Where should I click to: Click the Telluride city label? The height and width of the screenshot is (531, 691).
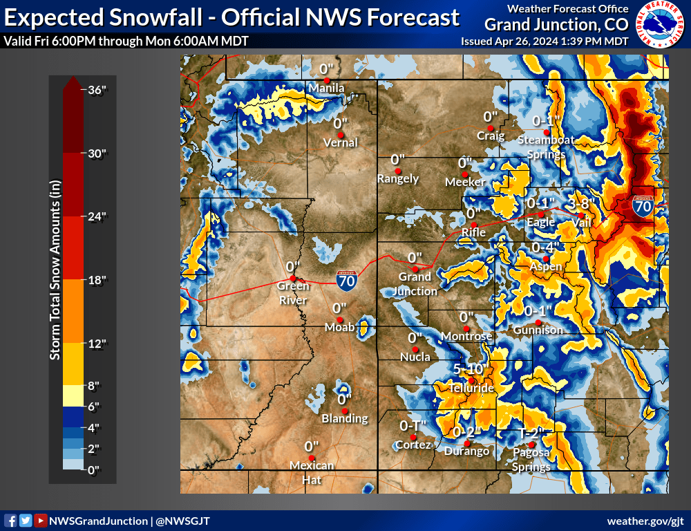[473, 389]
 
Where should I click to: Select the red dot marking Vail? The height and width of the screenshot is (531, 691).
[581, 214]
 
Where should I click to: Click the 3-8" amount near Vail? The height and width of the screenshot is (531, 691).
[582, 204]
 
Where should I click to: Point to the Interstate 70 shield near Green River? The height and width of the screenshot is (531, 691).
[347, 280]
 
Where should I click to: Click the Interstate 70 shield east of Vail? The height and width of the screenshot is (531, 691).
[643, 205]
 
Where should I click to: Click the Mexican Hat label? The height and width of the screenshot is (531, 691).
[312, 472]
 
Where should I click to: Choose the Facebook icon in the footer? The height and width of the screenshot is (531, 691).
[11, 521]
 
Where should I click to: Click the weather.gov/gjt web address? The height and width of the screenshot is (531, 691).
[645, 521]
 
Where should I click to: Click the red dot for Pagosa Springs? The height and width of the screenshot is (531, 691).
[531, 445]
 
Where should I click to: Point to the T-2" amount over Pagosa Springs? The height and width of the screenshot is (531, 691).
[532, 434]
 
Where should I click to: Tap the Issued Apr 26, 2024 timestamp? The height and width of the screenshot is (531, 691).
[545, 41]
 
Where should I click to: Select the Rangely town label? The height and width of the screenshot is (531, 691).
[398, 178]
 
